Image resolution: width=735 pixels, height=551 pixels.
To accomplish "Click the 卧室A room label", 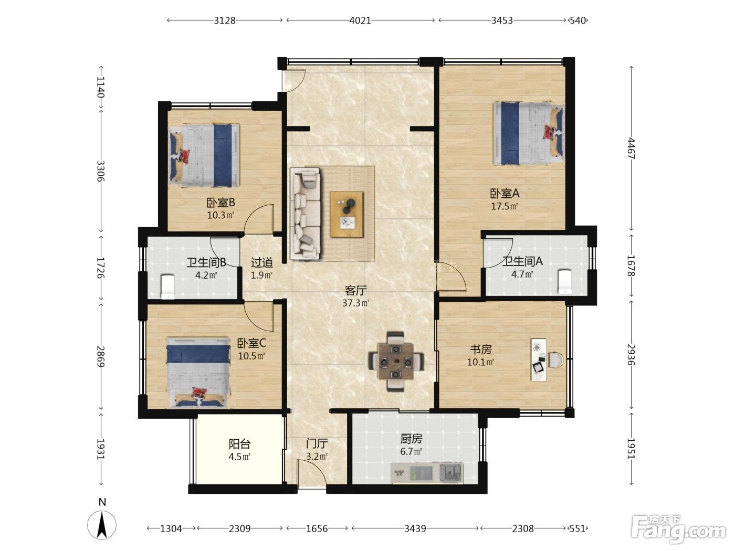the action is [x=505, y=193].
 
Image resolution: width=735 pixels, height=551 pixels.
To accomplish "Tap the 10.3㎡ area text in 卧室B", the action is [x=220, y=215].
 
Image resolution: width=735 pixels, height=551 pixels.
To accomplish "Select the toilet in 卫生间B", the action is [x=167, y=287].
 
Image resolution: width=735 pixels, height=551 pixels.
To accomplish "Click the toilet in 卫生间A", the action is [x=565, y=282].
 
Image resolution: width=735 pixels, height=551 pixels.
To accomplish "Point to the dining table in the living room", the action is [x=395, y=362].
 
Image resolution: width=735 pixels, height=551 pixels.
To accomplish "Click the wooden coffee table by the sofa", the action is [x=346, y=214].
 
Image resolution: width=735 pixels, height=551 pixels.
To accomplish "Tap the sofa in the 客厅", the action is [x=304, y=214].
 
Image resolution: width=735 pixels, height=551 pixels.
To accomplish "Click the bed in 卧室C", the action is [x=198, y=372].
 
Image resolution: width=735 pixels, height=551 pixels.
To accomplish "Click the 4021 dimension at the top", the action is [x=360, y=20].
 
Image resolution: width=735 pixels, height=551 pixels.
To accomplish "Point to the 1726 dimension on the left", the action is [x=101, y=268].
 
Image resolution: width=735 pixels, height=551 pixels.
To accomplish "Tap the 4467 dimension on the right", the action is [x=631, y=148].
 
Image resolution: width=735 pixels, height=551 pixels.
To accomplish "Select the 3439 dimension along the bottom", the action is [x=415, y=528].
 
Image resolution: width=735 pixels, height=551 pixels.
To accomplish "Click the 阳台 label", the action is [x=239, y=444].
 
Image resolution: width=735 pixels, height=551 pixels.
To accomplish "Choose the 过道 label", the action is [x=261, y=262].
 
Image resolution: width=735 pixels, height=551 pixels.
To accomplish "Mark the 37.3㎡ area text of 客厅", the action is [x=355, y=303].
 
